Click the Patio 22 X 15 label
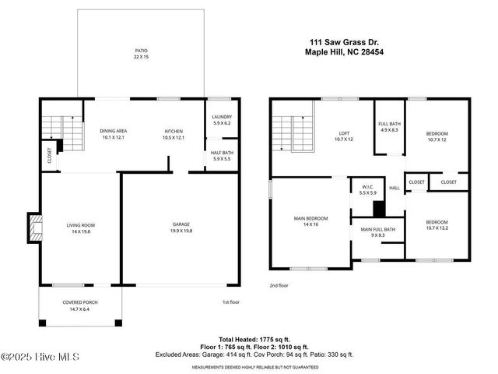coord(141,54)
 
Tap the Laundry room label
coord(223,120)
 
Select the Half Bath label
coord(223,156)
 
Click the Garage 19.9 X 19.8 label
coord(181,228)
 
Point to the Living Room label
coord(79,228)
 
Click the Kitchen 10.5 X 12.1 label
coord(174,134)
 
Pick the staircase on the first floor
coord(61,132)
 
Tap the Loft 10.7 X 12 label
coord(343,136)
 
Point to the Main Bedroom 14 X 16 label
coord(311,221)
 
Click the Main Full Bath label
coord(378,232)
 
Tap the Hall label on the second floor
coord(395,188)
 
